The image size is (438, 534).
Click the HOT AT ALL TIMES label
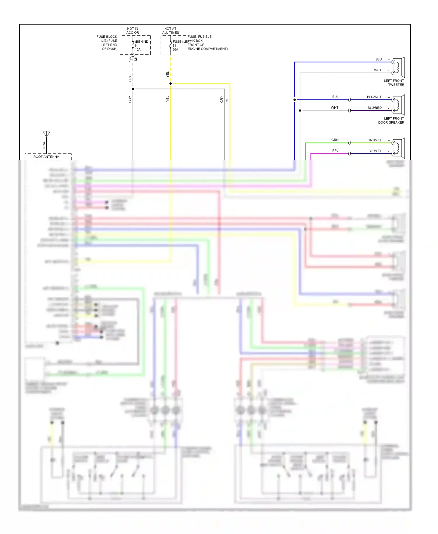coord(171,31)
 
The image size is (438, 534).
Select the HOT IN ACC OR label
coord(133,31)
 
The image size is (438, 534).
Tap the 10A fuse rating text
coord(138,50)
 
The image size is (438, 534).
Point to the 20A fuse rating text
coord(175,50)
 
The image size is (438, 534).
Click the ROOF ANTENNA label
coord(46,157)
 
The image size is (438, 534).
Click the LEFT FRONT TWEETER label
coord(394,83)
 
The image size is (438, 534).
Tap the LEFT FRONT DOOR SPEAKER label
coord(391,120)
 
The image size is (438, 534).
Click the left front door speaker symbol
coord(398,105)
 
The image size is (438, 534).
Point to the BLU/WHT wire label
coord(374,97)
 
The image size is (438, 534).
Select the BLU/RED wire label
coord(374,108)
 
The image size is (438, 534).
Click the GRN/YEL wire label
coord(374,140)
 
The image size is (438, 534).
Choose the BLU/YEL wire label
coord(375,151)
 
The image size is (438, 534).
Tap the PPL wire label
coord(335,151)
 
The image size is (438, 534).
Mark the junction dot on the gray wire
coord(133,89)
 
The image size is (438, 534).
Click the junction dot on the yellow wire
coord(171,84)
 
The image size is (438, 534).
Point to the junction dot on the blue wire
coord(295,100)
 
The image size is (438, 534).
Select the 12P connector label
coord(130,59)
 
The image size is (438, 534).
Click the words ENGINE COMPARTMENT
coord(208,49)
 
